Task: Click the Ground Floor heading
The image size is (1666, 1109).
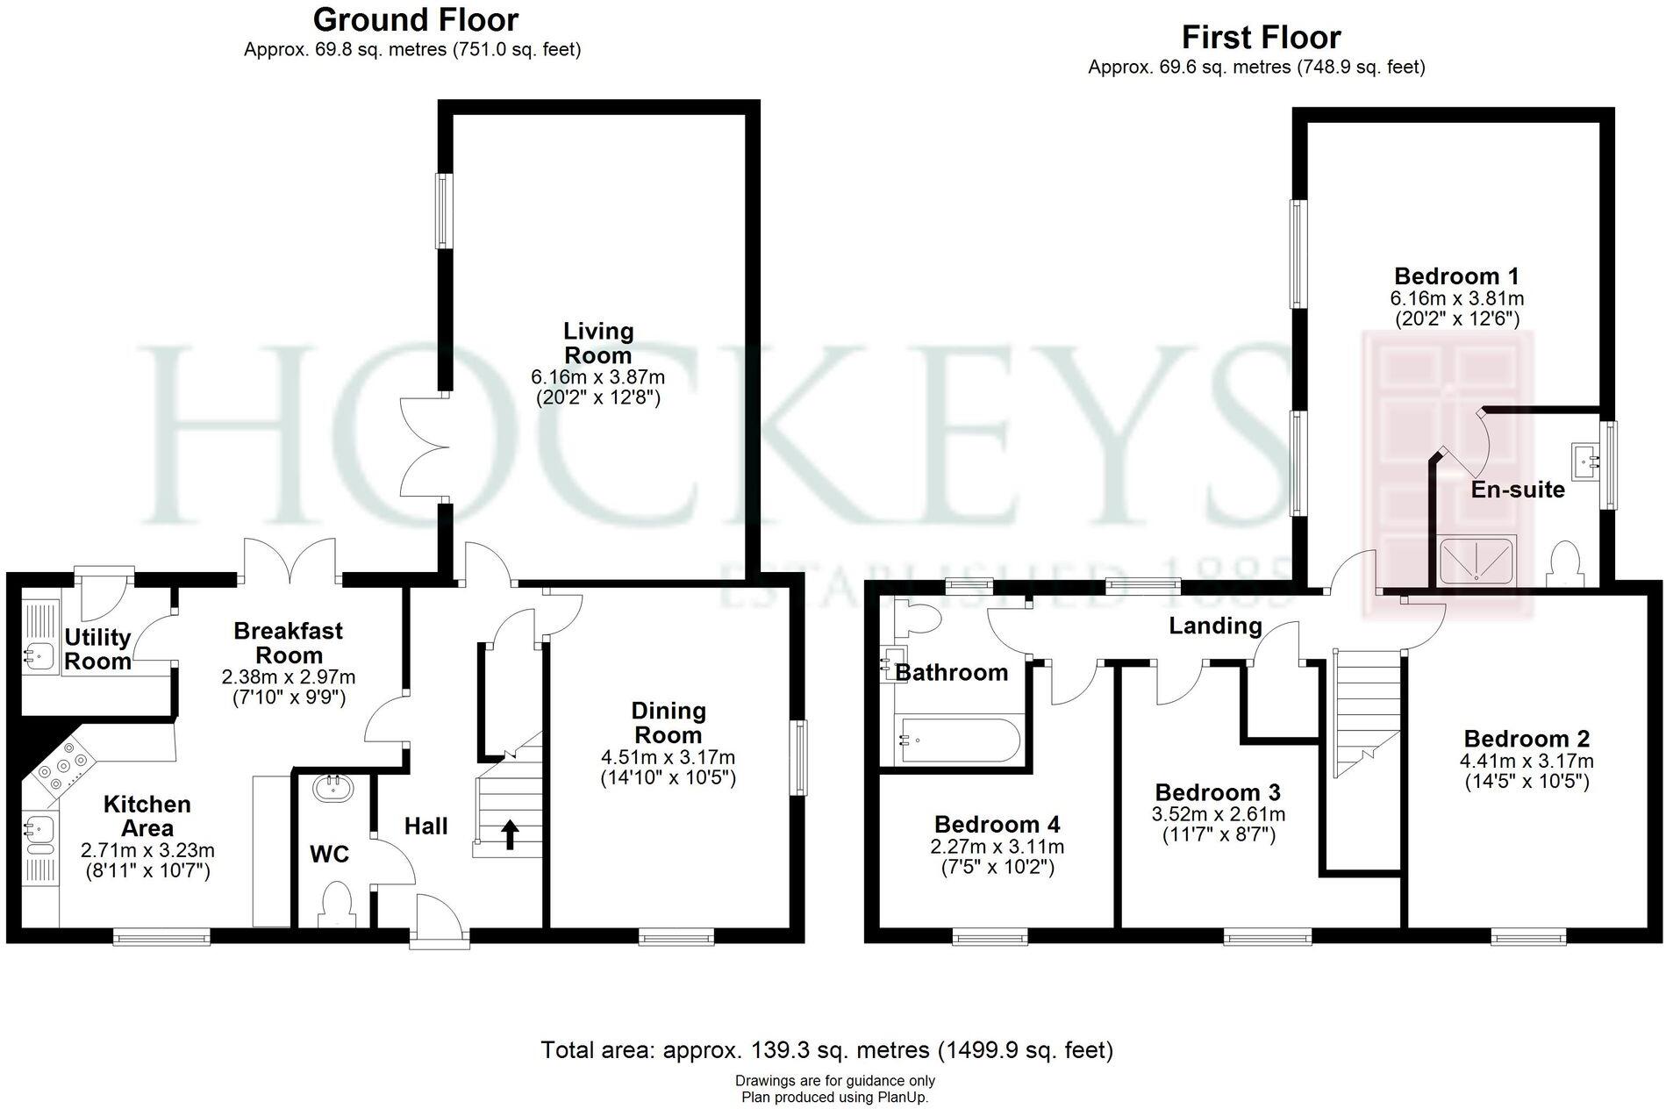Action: pos(415,19)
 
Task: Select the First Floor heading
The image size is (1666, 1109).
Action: pos(1261,37)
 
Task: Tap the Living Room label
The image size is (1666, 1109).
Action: pos(597,343)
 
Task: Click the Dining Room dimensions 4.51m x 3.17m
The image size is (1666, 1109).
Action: pos(668,757)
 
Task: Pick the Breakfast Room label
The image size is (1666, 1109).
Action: pos(289,643)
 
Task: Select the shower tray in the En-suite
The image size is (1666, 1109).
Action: pos(1477,560)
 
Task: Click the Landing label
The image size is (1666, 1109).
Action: pos(1215,626)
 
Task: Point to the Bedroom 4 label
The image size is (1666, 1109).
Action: pos(997,824)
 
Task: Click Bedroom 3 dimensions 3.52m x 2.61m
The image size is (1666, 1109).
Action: pos(1218,814)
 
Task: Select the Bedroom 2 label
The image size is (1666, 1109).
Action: pos(1527,739)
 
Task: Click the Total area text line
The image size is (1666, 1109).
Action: pos(826,1049)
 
